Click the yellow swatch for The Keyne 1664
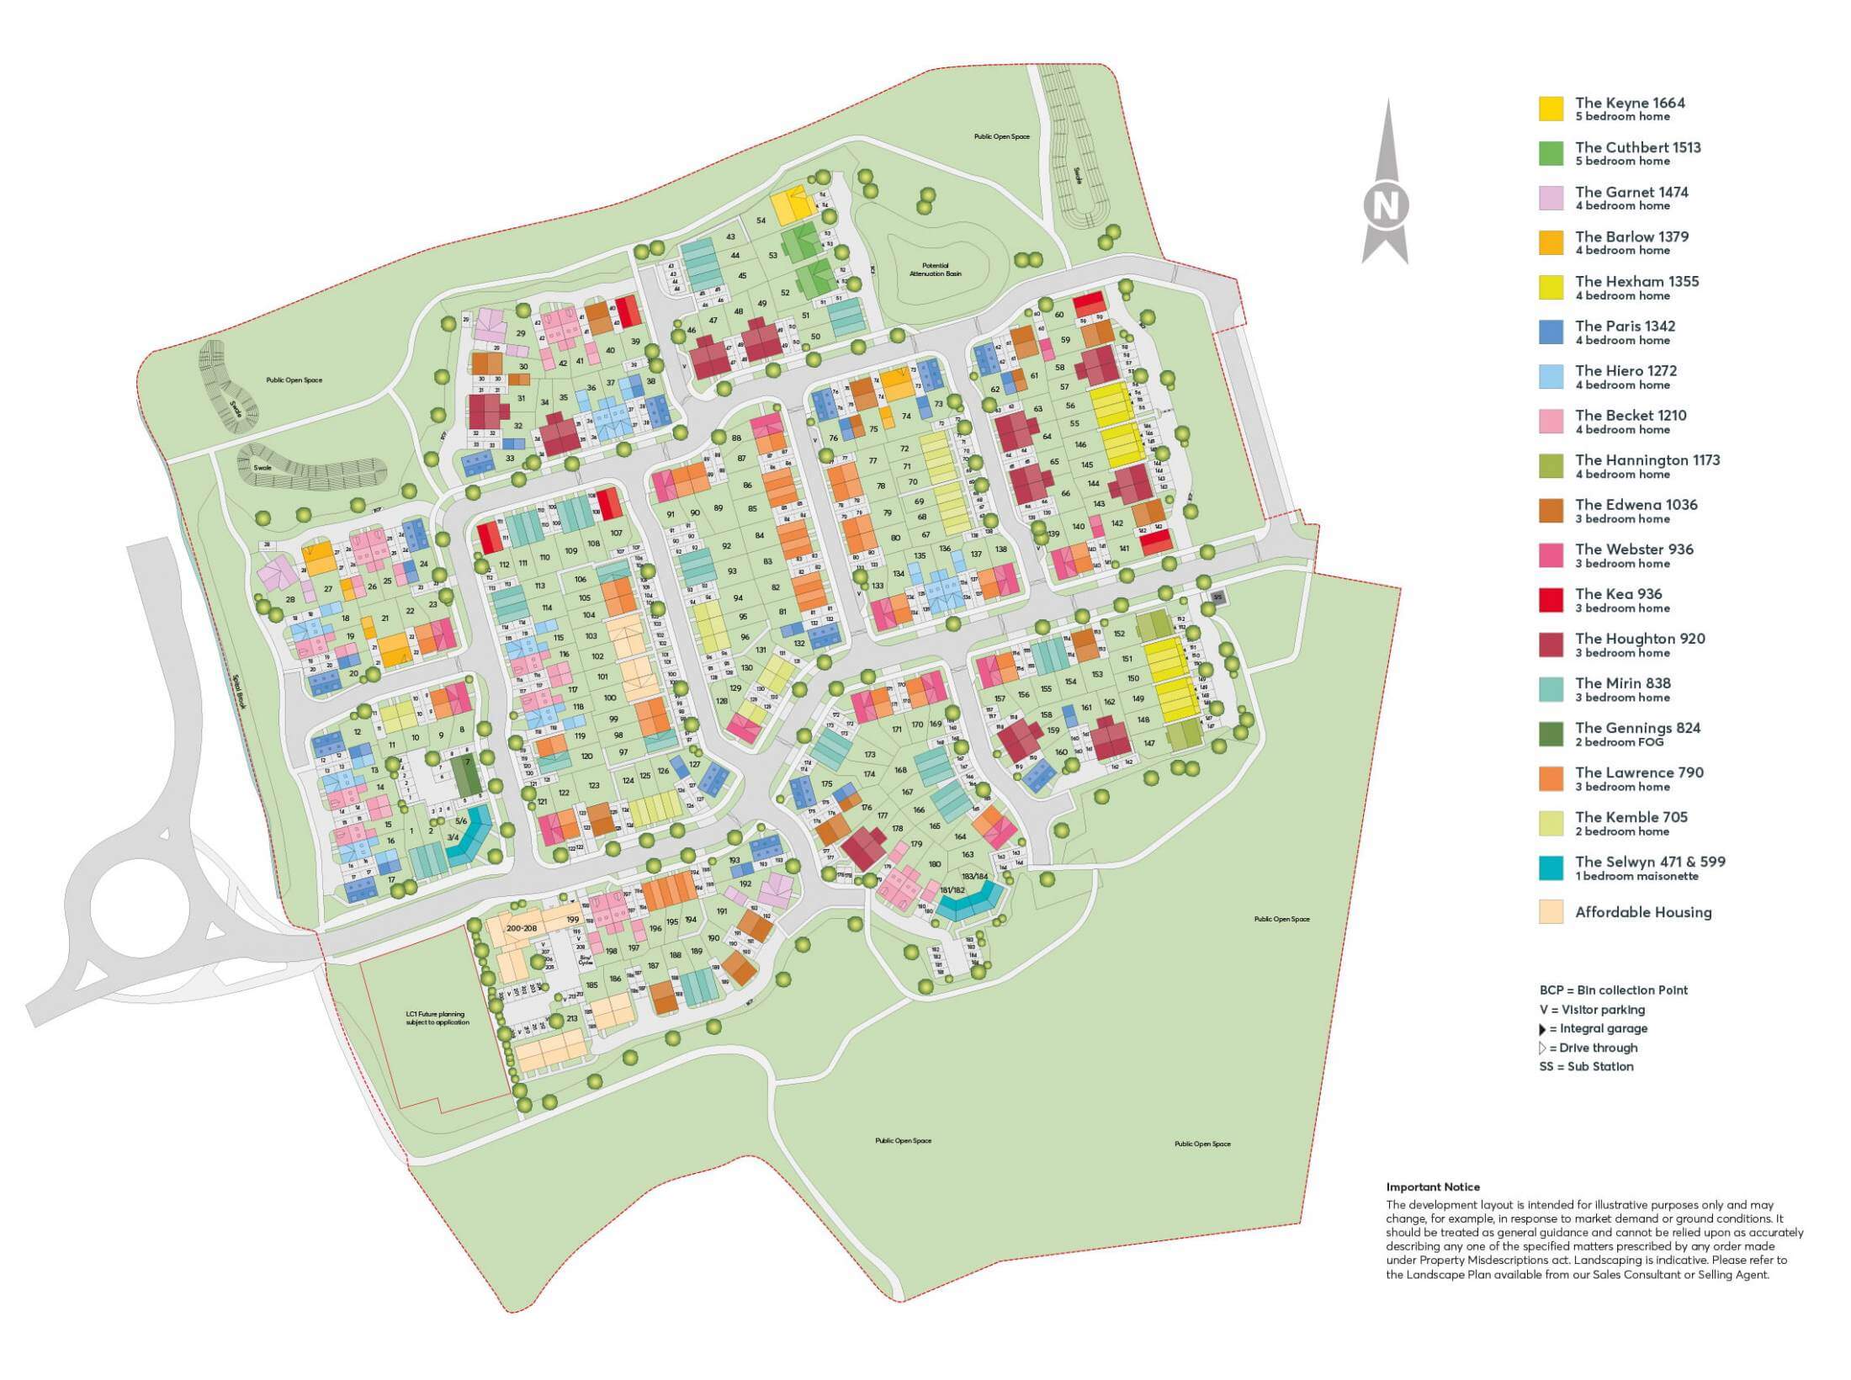click(1551, 109)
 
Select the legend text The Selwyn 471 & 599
click(1649, 862)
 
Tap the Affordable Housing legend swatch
click(1551, 912)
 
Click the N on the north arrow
click(1385, 205)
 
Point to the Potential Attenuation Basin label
click(935, 269)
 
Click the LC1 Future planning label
click(437, 1018)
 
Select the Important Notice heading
click(1432, 1187)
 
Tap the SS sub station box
click(1217, 597)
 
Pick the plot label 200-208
click(522, 927)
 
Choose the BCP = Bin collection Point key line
click(1613, 990)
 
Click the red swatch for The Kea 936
click(1551, 600)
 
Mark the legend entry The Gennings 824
click(1637, 728)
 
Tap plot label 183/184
click(974, 876)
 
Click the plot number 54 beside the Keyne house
click(761, 220)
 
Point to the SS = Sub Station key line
click(1586, 1066)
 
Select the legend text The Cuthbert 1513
click(1637, 147)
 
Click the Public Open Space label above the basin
click(1001, 136)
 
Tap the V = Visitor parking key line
click(1592, 1010)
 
